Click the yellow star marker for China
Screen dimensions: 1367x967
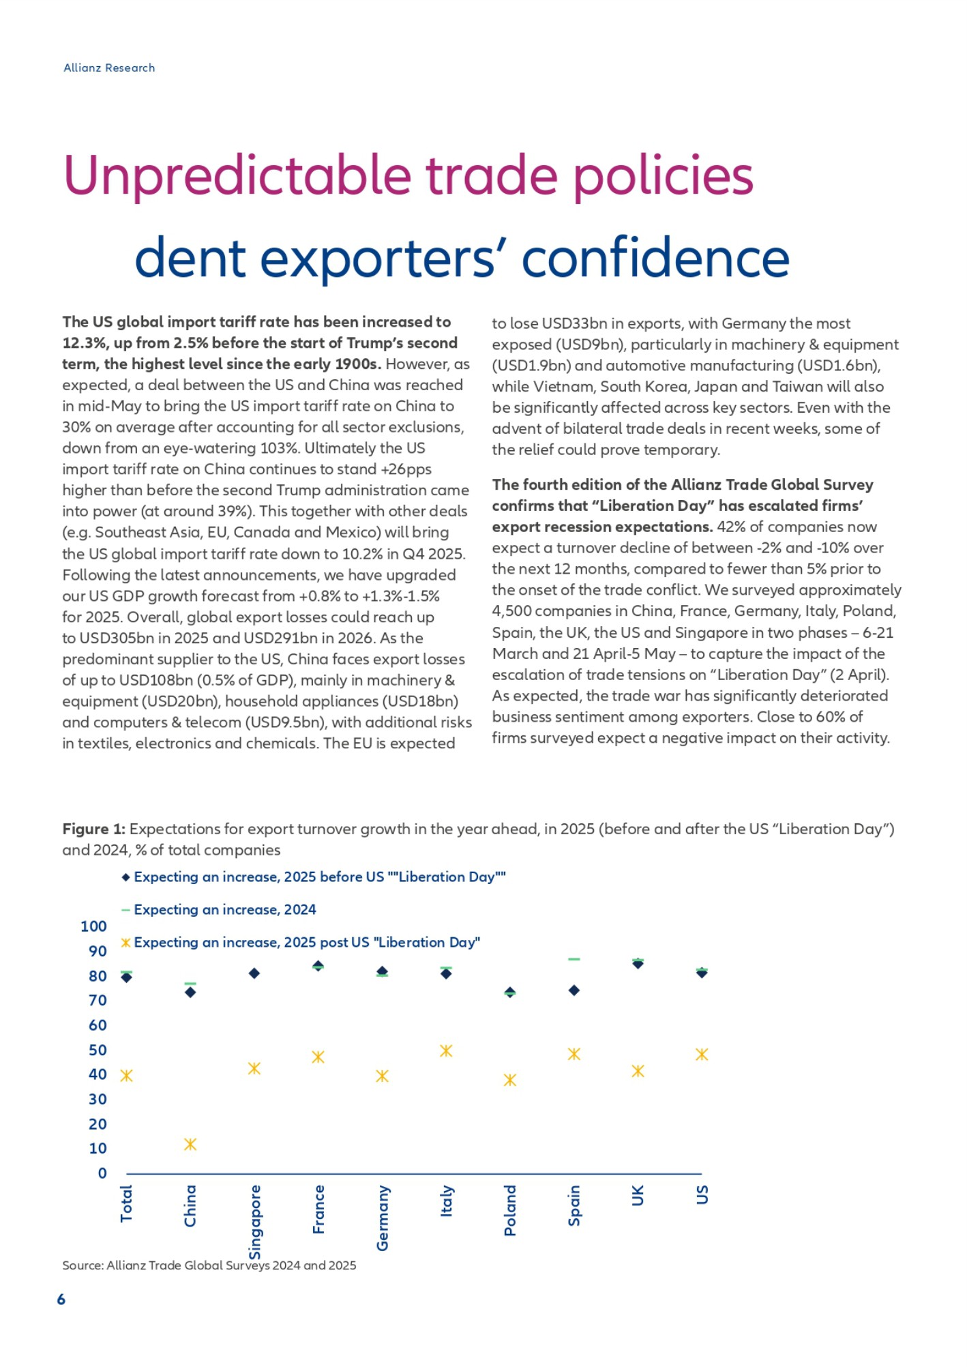(190, 1144)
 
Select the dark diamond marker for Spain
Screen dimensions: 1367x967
(574, 990)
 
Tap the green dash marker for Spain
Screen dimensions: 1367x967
(574, 959)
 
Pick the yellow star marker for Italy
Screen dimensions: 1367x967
(446, 1050)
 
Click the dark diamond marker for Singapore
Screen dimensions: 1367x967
(254, 973)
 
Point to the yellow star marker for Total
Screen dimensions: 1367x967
(126, 1076)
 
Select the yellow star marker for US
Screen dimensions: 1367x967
(702, 1055)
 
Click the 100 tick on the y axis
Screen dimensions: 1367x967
(93, 926)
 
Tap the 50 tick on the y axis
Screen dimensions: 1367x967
(98, 1050)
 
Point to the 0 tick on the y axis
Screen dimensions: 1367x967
(102, 1173)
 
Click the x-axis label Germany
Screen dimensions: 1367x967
(383, 1218)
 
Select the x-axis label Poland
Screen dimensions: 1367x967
(510, 1210)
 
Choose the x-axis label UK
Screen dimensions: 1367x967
(638, 1195)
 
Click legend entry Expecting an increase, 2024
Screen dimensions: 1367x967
(224, 909)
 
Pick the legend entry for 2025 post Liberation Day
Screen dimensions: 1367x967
(306, 942)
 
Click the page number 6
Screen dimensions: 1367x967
(61, 1299)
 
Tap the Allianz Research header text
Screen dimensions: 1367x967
(109, 68)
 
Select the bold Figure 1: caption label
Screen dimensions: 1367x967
(93, 829)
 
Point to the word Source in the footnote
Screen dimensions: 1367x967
(82, 1265)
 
